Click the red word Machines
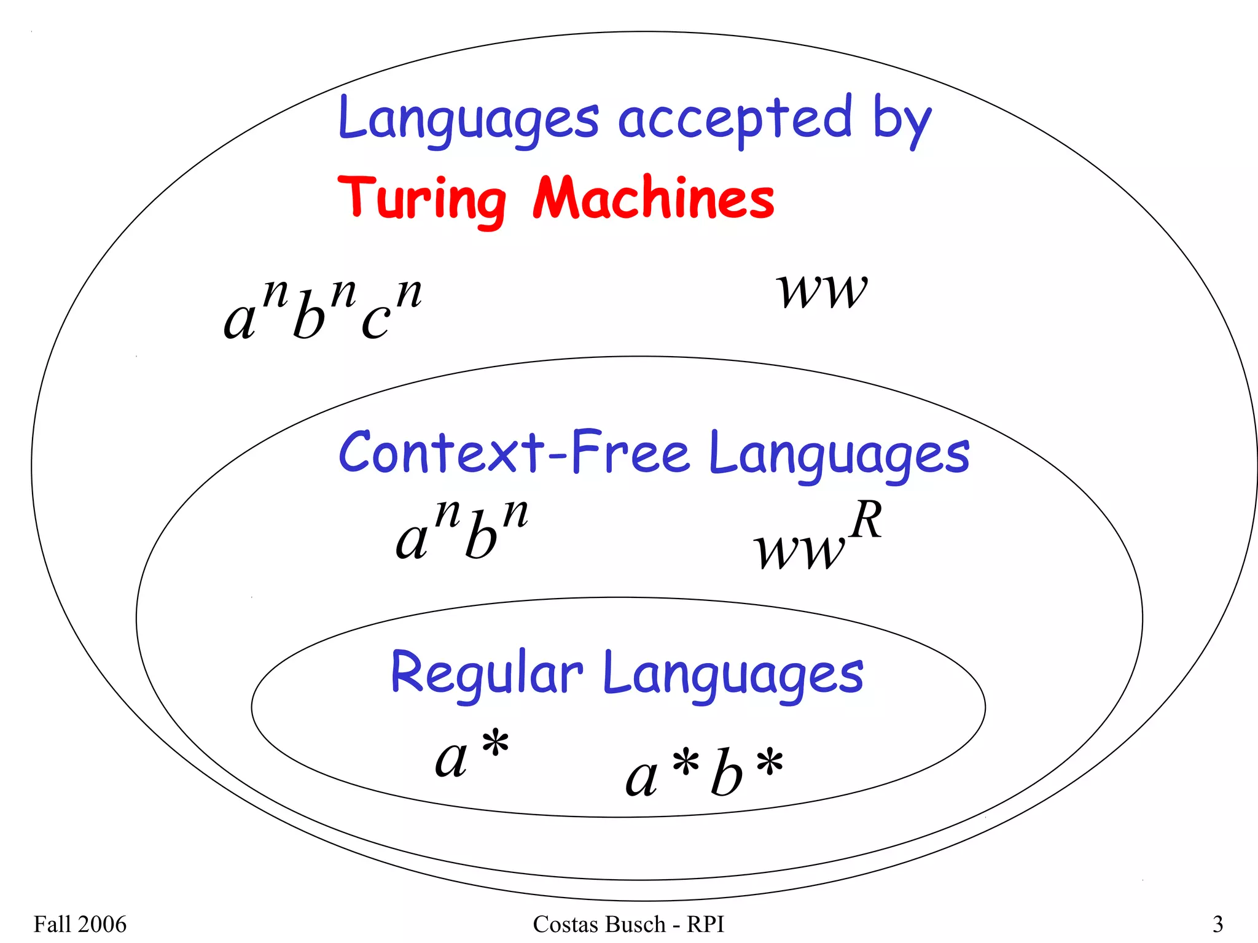pos(653,198)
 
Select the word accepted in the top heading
pos(735,119)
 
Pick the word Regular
pos(486,673)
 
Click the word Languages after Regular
pos(733,675)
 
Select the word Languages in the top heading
pos(468,120)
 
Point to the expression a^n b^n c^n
pos(323,310)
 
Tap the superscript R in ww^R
pos(866,520)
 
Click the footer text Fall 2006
pos(80,924)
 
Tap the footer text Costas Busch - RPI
pos(628,924)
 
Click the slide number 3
pos(1217,924)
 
